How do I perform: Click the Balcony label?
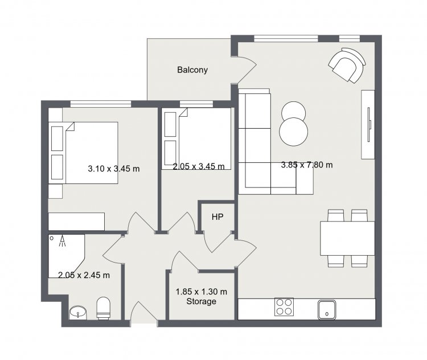click(192, 70)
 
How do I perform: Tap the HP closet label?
click(217, 217)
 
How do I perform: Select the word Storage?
click(201, 301)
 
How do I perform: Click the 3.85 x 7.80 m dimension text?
click(307, 165)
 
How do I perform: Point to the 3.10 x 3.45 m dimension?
click(113, 169)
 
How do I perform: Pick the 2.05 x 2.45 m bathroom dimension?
click(84, 275)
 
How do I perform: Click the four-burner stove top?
click(284, 307)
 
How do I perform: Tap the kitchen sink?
click(327, 309)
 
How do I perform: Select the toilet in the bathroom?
click(104, 308)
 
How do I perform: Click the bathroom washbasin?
click(78, 313)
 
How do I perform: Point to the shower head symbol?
click(63, 241)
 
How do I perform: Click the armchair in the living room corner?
click(347, 66)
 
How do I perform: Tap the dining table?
click(347, 238)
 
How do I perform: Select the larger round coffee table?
click(294, 132)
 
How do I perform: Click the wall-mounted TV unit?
click(368, 125)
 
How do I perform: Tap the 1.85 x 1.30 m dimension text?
click(201, 292)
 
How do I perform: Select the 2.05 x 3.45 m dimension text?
click(199, 166)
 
